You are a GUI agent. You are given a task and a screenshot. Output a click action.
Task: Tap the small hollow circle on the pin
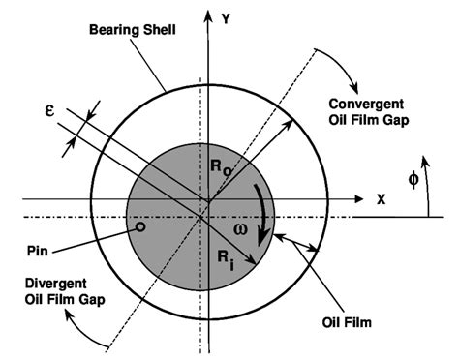141,228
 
